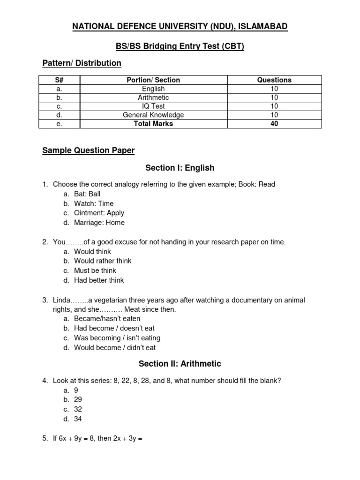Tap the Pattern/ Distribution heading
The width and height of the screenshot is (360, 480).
[82, 63]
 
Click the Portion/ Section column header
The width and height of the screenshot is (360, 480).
[153, 80]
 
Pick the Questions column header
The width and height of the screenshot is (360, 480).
[274, 80]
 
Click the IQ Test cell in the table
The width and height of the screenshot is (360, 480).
[153, 106]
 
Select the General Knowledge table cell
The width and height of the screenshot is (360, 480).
[153, 115]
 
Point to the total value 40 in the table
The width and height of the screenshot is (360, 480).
[274, 124]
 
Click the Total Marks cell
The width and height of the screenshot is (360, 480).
[153, 124]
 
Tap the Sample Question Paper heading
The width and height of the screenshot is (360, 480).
[88, 150]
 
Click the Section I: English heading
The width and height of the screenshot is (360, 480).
[180, 168]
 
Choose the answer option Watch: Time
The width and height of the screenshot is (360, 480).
[94, 203]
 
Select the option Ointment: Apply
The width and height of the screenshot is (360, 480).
[99, 213]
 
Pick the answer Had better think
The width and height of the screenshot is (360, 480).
[99, 280]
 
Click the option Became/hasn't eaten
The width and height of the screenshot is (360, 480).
[107, 319]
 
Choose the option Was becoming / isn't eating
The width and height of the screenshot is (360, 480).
[117, 338]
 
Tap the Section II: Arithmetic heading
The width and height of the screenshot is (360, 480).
[180, 364]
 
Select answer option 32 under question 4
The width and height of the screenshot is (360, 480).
[78, 409]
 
